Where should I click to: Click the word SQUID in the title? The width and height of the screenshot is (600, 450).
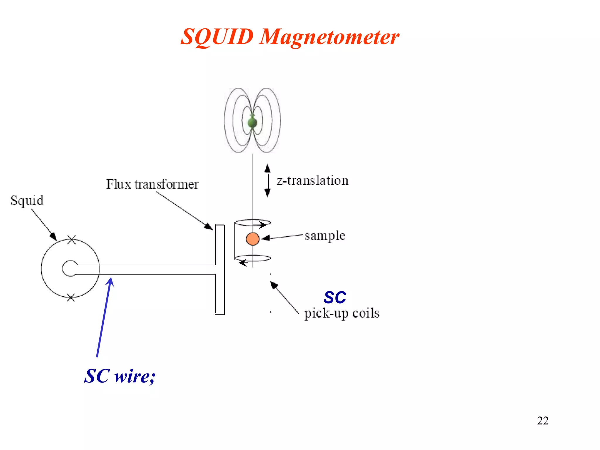click(x=217, y=37)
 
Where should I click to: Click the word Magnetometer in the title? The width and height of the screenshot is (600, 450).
click(x=329, y=37)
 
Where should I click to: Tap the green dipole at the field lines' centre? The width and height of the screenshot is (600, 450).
click(x=252, y=122)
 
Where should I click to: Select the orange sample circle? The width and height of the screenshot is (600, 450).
click(x=253, y=239)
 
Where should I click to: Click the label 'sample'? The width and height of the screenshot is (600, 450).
click(x=325, y=236)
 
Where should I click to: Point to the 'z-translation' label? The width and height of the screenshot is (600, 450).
click(x=312, y=180)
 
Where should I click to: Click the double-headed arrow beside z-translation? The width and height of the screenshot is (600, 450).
click(x=267, y=180)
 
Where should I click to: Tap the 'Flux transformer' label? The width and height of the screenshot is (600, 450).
click(x=152, y=184)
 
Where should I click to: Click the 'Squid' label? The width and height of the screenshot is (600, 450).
click(x=27, y=201)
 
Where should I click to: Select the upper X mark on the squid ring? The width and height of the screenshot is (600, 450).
click(x=72, y=240)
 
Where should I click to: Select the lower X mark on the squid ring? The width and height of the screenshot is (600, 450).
click(x=71, y=298)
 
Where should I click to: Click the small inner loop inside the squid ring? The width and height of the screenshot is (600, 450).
click(x=69, y=268)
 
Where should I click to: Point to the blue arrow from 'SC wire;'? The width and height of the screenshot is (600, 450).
click(x=104, y=316)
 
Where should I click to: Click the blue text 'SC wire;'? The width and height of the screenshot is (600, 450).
click(x=120, y=376)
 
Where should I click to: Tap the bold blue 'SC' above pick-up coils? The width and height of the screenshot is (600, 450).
click(x=335, y=298)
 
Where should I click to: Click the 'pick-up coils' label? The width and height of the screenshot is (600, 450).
click(x=342, y=313)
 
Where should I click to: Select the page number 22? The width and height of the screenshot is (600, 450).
click(x=543, y=421)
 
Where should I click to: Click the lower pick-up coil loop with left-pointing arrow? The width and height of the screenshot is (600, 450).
click(x=253, y=259)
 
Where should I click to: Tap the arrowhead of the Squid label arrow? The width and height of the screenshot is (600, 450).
click(x=54, y=236)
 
